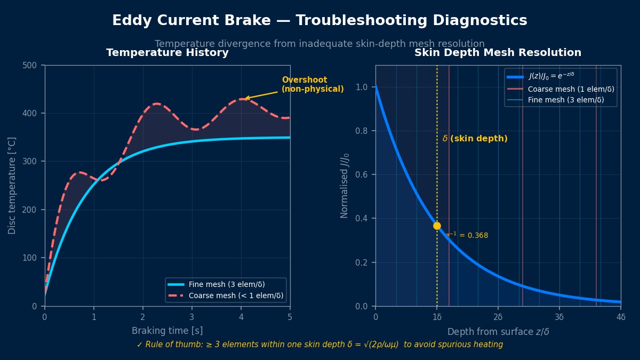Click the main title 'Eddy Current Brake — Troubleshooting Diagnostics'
[x=319, y=21]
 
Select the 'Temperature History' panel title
[x=167, y=53]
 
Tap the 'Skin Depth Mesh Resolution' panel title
[x=498, y=53]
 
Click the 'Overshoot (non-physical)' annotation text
[x=313, y=84]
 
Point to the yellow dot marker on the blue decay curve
[x=437, y=226]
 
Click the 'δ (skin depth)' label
[x=475, y=139]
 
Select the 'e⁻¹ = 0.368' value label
[x=467, y=235]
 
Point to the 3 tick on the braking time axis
[x=192, y=316]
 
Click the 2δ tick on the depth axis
[x=498, y=316]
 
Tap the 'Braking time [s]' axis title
[x=167, y=331]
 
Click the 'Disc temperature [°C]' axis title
[x=12, y=186]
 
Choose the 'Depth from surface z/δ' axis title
[x=498, y=332]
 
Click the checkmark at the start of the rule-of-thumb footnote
[x=140, y=345]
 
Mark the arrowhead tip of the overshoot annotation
[x=245, y=99]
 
